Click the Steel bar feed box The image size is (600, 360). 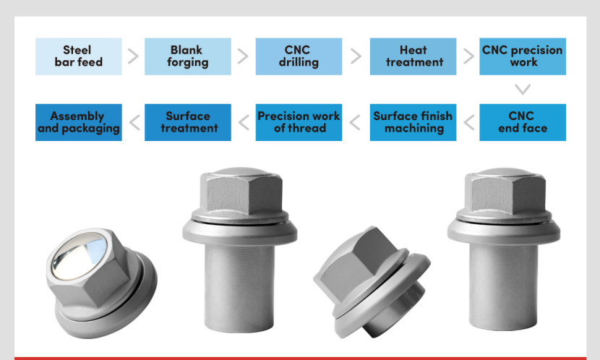(79, 56)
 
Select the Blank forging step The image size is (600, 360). (187, 56)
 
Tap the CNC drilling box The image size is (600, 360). (299, 56)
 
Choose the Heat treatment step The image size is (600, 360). (413, 56)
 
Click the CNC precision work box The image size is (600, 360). (523, 56)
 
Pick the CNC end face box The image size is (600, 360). (523, 122)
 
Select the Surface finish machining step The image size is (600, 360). (413, 122)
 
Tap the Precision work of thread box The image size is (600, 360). (299, 122)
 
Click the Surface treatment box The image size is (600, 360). (187, 122)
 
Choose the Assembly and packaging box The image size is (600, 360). (79, 122)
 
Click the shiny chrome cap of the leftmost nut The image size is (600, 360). (80, 254)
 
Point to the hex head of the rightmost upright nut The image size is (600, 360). (506, 196)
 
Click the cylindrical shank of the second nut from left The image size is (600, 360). (239, 288)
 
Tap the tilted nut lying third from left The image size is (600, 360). (371, 281)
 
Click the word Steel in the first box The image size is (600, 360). (77, 50)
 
